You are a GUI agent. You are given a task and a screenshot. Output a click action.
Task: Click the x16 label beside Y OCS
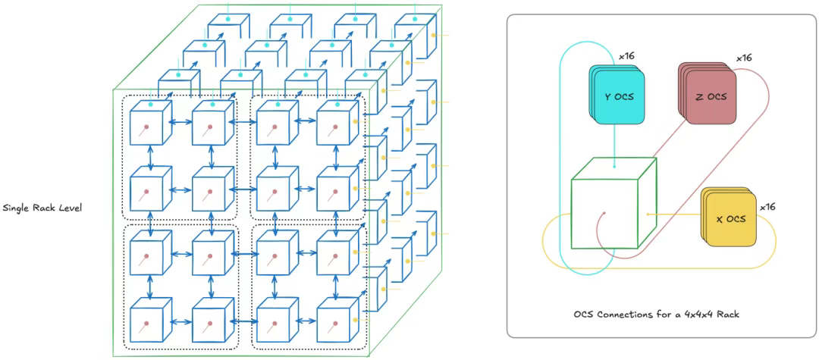point(627,56)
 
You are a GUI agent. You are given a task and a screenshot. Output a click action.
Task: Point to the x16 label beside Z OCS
point(744,58)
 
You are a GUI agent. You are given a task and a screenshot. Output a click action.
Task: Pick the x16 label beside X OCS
point(767,206)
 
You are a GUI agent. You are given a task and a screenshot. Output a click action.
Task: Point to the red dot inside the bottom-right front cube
point(335,321)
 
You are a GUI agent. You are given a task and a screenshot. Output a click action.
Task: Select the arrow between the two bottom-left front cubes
point(179,322)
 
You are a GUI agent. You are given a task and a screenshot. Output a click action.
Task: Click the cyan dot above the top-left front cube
point(150,104)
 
